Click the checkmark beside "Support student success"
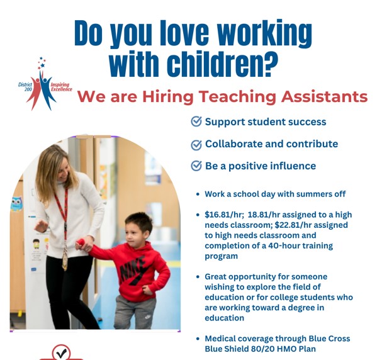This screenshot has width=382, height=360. [196, 121]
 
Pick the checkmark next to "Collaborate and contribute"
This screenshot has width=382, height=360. [196, 144]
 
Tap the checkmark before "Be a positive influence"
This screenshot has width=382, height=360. [196, 166]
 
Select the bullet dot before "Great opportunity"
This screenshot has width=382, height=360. [198, 277]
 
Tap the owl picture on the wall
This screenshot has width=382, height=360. [16, 203]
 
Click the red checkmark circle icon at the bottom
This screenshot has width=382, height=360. [61, 352]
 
